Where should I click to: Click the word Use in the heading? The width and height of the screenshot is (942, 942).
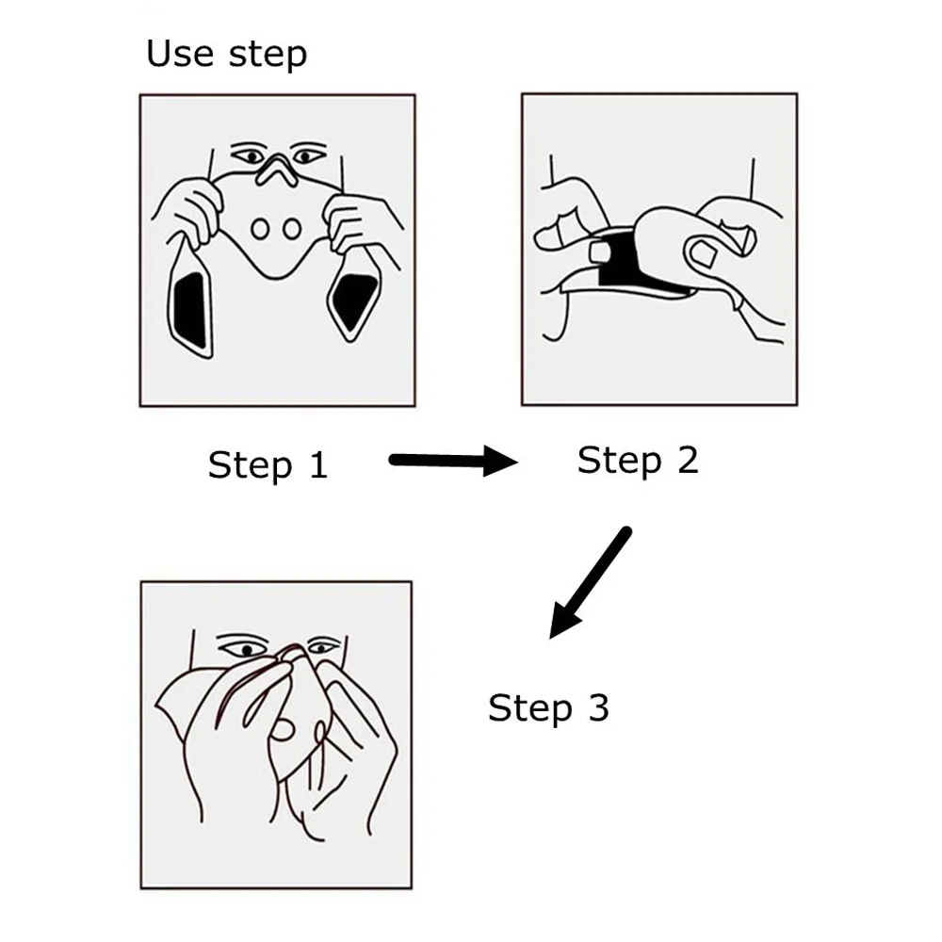(180, 53)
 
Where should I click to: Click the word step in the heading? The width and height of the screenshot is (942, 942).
(268, 56)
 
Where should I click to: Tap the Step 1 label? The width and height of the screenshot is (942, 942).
(268, 465)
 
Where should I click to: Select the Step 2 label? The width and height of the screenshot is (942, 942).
(638, 461)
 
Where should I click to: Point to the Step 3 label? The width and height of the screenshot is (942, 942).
(548, 707)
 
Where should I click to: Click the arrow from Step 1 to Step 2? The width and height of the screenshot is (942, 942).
(453, 461)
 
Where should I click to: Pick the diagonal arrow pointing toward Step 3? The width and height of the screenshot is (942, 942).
(590, 583)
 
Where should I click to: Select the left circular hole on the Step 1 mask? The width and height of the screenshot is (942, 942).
(260, 229)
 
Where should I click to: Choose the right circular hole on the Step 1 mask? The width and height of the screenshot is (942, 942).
(292, 229)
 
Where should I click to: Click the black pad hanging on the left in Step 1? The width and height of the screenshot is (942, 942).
(191, 311)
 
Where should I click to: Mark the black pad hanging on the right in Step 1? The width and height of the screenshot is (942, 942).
(356, 300)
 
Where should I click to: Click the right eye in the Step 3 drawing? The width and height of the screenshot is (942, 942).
(323, 648)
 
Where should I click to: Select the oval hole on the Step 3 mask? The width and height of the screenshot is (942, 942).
(282, 730)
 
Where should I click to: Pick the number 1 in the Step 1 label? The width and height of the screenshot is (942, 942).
(319, 465)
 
